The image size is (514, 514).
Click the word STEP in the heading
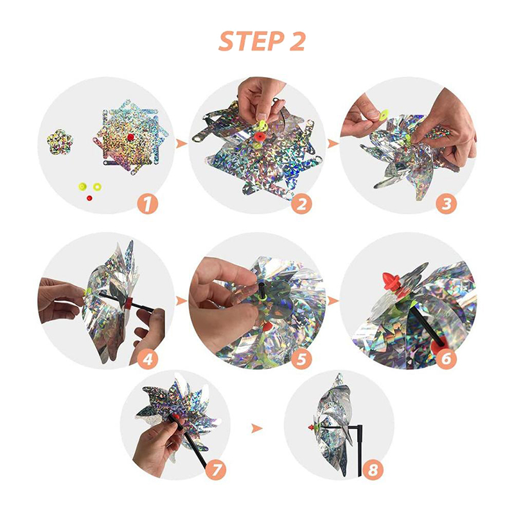pos(251,41)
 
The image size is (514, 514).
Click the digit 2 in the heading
pos(297,41)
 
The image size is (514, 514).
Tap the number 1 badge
pos(148,204)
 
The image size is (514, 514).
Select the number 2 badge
pos(302,204)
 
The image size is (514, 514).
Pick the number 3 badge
pos(447,204)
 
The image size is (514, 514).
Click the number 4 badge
pos(148,359)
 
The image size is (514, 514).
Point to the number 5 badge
pos(302,359)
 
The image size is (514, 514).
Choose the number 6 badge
pos(447,359)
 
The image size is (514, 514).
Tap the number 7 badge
pos(216,471)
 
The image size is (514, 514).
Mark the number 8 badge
pos(373,471)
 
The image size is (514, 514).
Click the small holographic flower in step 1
pos(59,143)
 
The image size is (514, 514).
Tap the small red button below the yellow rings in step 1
pos(89,198)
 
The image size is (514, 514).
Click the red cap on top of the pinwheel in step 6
pos(393,281)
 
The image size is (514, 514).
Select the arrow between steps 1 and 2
pos(181,143)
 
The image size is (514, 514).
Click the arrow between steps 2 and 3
pos(333,143)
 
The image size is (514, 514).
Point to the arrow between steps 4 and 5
pos(181,301)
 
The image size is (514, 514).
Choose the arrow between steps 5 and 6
pos(333,301)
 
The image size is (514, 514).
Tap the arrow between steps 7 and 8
pos(257,428)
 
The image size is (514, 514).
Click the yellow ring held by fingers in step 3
pos(382,116)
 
